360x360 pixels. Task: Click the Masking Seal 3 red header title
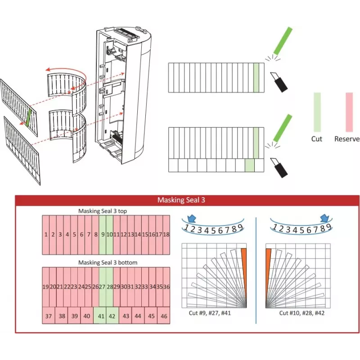click(181, 200)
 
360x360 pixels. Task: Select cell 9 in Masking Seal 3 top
click(103, 235)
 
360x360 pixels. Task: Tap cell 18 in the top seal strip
click(166, 235)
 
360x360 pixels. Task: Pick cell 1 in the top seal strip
click(46, 235)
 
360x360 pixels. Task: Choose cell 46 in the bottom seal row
click(164, 315)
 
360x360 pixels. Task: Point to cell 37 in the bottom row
click(49, 315)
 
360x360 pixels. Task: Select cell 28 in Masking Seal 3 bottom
click(110, 287)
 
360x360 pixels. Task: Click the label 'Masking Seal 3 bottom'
click(108, 262)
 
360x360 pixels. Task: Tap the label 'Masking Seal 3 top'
click(103, 211)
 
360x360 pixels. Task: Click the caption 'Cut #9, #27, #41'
click(210, 313)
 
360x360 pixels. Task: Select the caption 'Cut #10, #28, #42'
click(301, 313)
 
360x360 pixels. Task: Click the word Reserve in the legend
click(347, 139)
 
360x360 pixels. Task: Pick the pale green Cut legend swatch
click(317, 112)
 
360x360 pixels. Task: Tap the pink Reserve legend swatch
click(349, 112)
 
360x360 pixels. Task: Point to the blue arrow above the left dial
click(192, 219)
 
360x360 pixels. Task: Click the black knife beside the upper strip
click(279, 82)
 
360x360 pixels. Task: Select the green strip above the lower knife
click(283, 128)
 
